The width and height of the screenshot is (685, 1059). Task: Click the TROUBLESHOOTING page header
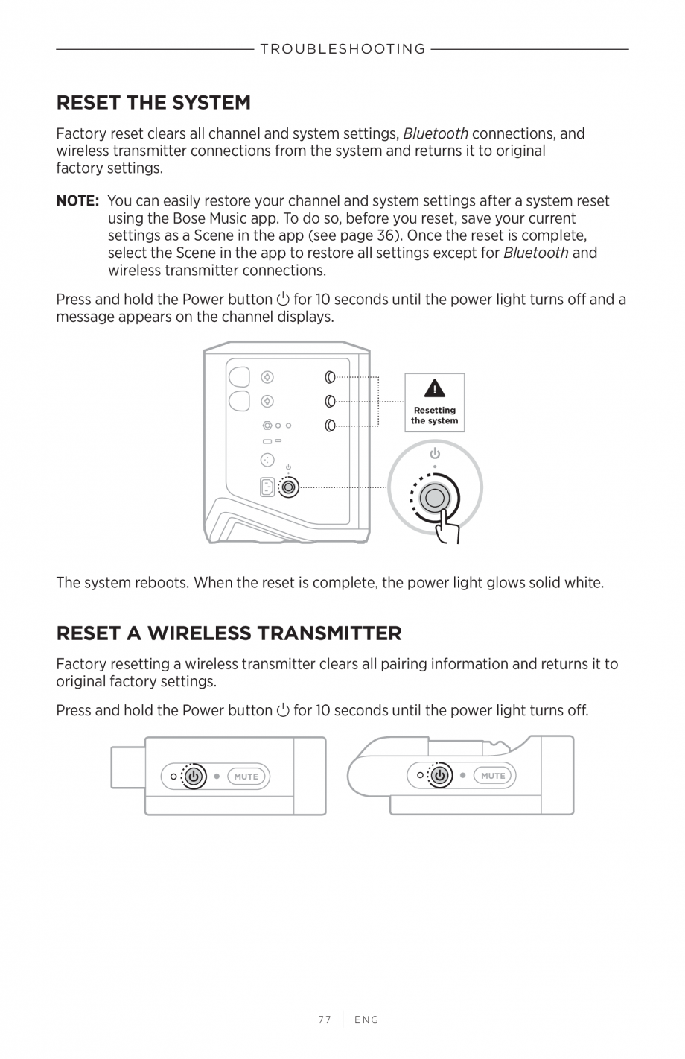(342, 49)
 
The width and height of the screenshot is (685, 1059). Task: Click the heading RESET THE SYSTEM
(153, 102)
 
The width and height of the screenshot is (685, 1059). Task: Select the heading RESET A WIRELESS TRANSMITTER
(229, 633)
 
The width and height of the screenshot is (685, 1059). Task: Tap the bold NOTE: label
(77, 201)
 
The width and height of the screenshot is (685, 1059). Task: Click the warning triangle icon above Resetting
(434, 388)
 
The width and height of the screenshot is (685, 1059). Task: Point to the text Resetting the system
(434, 416)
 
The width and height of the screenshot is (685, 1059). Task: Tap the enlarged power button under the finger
(434, 497)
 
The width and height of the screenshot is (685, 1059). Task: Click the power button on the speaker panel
(289, 487)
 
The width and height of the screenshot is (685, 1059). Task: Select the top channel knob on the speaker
(330, 377)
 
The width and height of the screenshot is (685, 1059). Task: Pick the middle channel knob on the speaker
(330, 402)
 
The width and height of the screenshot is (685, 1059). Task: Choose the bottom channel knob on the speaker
(330, 426)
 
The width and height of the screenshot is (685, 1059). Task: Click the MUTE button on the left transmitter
(246, 777)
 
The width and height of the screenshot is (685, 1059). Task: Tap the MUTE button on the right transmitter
(493, 776)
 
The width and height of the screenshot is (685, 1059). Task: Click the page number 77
(324, 1020)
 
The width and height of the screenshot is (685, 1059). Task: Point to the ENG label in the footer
(366, 1020)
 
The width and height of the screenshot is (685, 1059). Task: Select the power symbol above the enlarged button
(434, 453)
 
